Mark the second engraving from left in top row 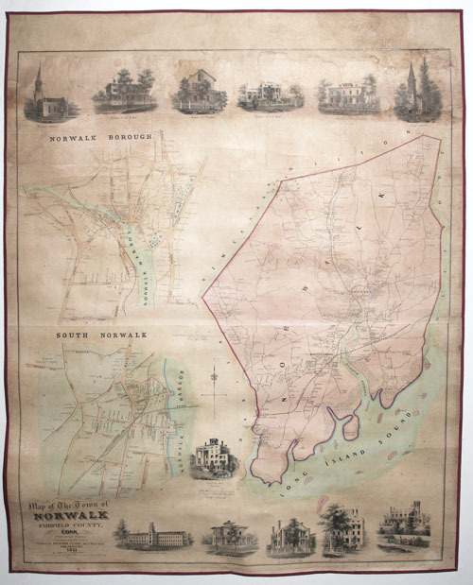[x=124, y=93]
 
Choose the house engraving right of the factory [x=227, y=537]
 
